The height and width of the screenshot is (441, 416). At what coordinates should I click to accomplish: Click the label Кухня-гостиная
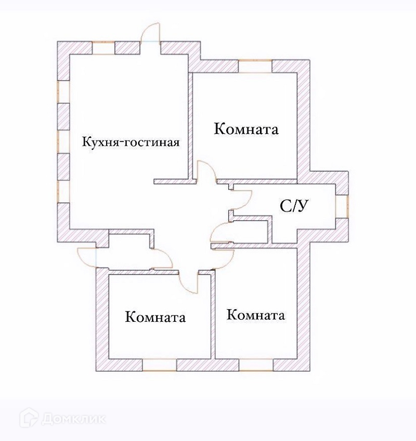131,142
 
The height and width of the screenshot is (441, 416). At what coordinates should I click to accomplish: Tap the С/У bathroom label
295,206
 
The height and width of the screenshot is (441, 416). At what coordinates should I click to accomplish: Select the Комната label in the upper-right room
246,129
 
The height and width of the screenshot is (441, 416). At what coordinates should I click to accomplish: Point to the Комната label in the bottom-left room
155,317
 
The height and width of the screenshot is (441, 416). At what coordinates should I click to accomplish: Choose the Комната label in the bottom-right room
256,315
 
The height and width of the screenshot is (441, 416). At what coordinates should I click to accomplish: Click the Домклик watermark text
73,418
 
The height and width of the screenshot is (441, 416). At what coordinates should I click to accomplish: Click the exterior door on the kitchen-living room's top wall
151,36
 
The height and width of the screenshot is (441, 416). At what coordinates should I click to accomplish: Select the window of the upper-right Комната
255,66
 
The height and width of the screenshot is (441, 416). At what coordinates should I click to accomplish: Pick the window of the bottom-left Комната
160,365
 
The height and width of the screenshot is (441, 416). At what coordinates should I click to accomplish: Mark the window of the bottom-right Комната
256,365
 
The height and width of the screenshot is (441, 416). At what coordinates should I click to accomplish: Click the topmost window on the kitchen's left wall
63,92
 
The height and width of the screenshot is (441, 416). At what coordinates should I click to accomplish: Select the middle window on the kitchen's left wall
63,141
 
